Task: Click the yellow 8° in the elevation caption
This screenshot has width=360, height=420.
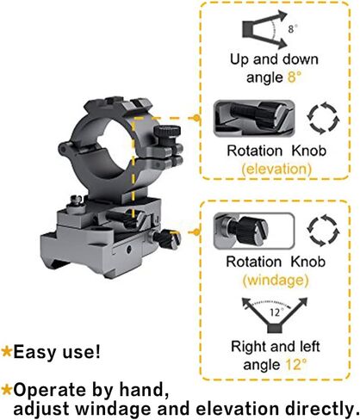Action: point(295,77)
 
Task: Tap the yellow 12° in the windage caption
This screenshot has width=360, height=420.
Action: point(296,364)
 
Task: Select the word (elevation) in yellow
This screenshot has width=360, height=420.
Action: point(276,169)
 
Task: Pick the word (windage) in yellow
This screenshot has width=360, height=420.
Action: point(276,280)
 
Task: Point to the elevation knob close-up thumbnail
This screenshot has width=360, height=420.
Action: point(254,118)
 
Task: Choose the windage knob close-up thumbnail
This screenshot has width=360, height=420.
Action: point(254,231)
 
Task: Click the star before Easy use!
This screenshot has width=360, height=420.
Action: point(6,351)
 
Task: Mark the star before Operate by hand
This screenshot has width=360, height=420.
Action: point(6,390)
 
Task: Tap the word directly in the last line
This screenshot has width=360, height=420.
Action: point(319,409)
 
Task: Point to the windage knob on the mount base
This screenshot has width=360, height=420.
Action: point(166,238)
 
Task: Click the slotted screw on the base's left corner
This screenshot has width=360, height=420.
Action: point(77,200)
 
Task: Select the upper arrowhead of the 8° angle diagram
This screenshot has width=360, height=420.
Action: point(282,15)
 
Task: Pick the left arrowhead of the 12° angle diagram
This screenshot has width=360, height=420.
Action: point(247,303)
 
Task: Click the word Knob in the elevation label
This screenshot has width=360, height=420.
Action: point(309,151)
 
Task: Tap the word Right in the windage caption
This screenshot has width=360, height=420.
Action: point(247,348)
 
